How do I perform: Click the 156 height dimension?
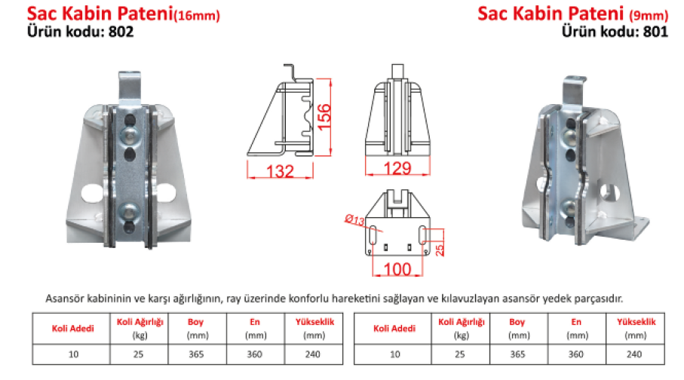point(324,117)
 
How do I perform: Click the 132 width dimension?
point(280,171)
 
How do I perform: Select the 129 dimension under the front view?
point(397,168)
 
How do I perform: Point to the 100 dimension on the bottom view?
point(397,269)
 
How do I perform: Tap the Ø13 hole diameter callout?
point(354,220)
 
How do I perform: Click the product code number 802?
point(121,32)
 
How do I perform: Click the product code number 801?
point(655,32)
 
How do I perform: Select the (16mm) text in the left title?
point(197,16)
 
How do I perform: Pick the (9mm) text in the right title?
point(649,16)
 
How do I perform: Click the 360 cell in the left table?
point(255,354)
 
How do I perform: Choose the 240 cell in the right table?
point(634,354)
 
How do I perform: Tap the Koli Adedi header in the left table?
point(73,329)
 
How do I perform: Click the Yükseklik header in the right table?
point(636,322)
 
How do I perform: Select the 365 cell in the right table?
point(518,354)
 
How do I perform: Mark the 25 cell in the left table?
point(138,354)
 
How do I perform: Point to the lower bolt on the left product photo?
point(130,212)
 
